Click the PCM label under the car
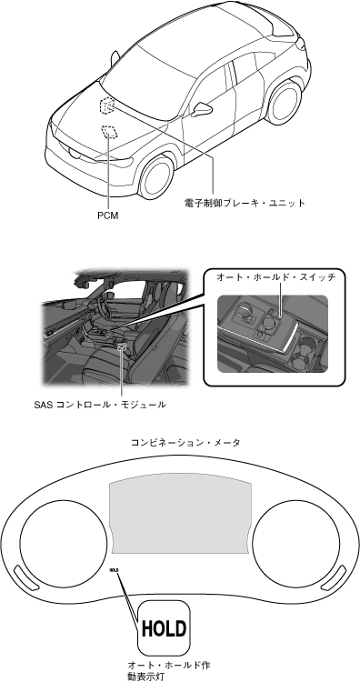click(108, 216)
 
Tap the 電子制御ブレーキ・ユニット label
click(245, 203)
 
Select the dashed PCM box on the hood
click(109, 131)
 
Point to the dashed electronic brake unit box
click(107, 105)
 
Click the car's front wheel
click(155, 177)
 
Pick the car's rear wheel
click(285, 102)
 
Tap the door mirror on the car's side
click(202, 110)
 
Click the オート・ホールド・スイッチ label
click(276, 277)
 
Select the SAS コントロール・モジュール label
click(100, 405)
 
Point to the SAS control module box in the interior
click(122, 346)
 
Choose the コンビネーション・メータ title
click(185, 443)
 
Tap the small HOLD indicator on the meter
click(114, 570)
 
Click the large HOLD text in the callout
click(164, 628)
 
